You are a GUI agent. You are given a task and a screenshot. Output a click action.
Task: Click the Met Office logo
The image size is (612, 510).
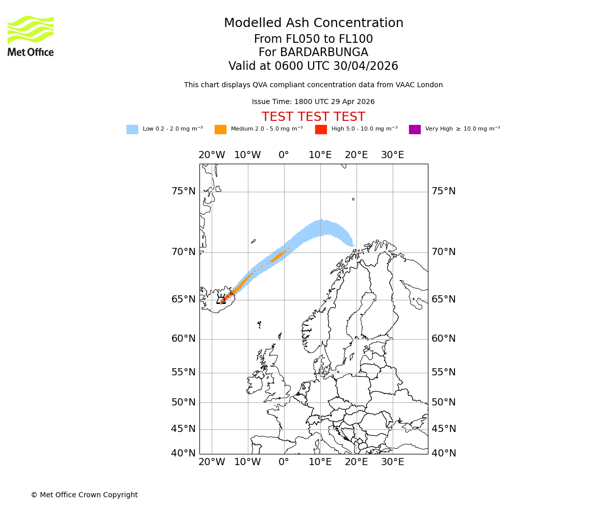pyautogui.click(x=31, y=36)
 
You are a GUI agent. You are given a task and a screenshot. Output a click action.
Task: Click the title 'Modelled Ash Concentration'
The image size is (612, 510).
pyautogui.click(x=313, y=23)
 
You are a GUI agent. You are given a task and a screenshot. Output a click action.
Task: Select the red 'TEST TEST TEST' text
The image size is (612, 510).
pyautogui.click(x=313, y=117)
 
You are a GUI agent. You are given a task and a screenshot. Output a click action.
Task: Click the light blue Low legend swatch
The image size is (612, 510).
pyautogui.click(x=132, y=129)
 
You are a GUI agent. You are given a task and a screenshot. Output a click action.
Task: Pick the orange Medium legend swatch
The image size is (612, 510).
pyautogui.click(x=220, y=129)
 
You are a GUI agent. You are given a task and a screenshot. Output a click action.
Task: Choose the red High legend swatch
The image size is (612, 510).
pyautogui.click(x=321, y=129)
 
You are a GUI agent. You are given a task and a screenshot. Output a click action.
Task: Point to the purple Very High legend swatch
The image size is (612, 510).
pyautogui.click(x=415, y=129)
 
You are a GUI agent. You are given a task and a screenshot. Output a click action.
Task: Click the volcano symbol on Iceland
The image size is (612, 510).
pyautogui.click(x=221, y=300)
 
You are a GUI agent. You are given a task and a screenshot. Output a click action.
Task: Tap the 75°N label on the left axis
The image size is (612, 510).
pyautogui.click(x=183, y=191)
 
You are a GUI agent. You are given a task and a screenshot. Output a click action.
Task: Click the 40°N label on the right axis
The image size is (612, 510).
pyautogui.click(x=444, y=453)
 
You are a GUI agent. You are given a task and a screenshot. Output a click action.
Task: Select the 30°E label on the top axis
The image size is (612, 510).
pyautogui.click(x=392, y=155)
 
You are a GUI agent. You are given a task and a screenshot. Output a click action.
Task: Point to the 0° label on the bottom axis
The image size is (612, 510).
pyautogui.click(x=284, y=462)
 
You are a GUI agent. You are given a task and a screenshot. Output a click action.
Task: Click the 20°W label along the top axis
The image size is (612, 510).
pyautogui.click(x=212, y=155)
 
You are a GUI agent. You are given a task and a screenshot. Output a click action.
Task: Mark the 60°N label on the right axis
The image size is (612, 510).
pyautogui.click(x=444, y=339)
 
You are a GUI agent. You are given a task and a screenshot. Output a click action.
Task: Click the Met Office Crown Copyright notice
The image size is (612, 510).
pyautogui.click(x=84, y=495)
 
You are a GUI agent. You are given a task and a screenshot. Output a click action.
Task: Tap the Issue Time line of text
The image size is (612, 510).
pyautogui.click(x=313, y=102)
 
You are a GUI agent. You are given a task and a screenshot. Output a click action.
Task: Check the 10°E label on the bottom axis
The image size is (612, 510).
pyautogui.click(x=320, y=462)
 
